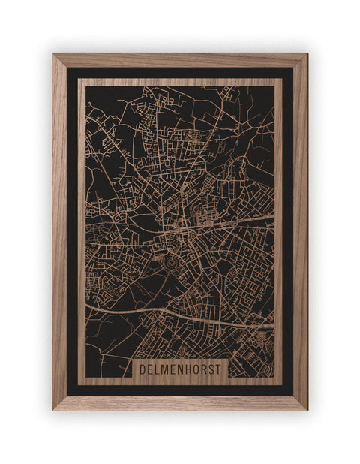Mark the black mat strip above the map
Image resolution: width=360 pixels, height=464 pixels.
click(x=180, y=73)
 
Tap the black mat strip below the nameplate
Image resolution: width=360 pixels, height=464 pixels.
click(x=180, y=390)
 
